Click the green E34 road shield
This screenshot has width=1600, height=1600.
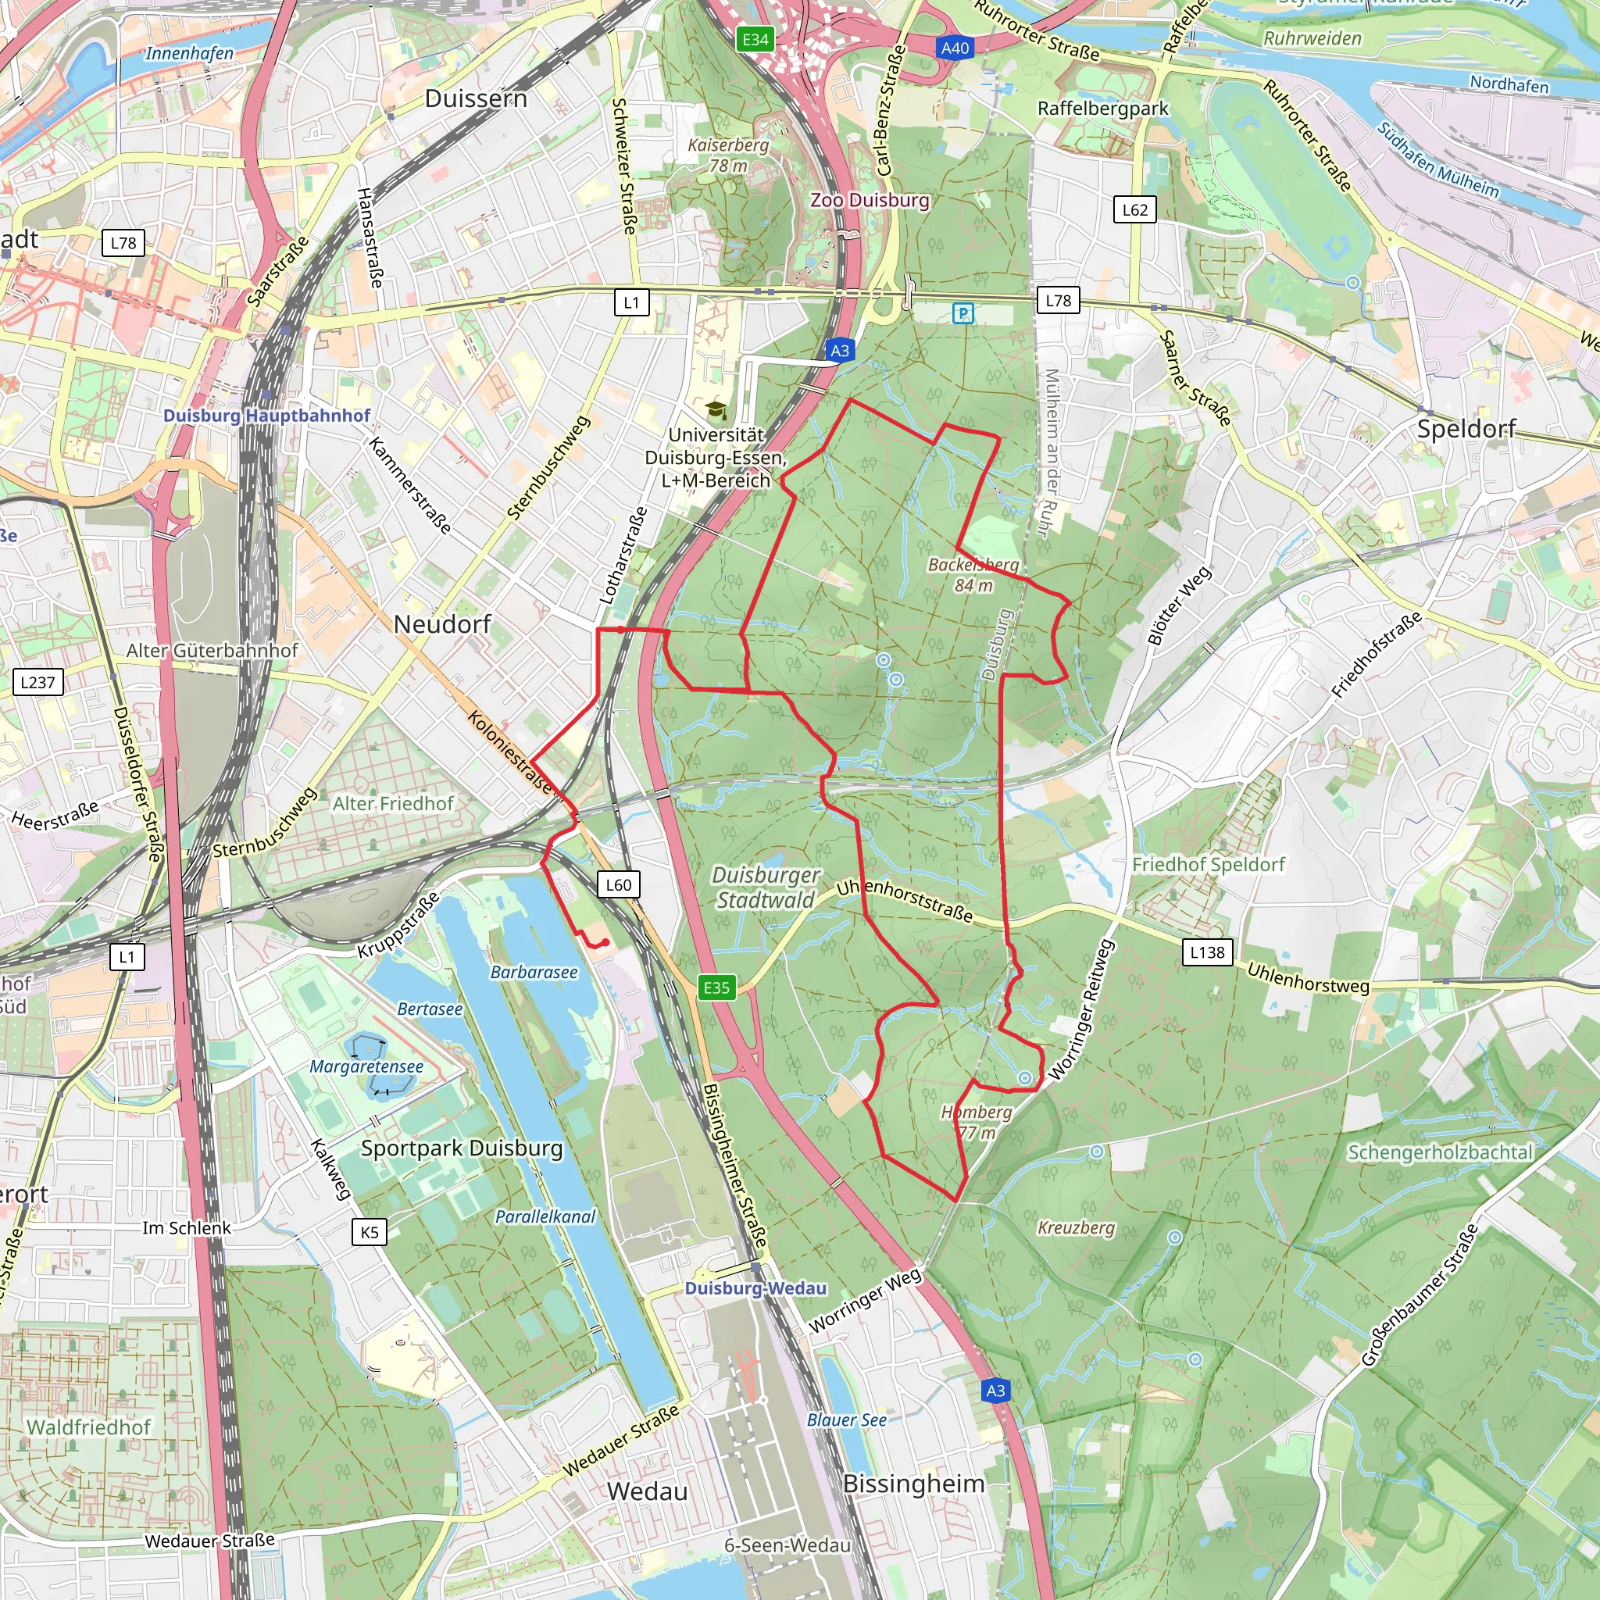[755, 39]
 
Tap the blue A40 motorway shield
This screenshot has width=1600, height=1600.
[955, 48]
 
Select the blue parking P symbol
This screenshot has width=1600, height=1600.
[962, 313]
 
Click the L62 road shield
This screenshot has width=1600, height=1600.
[1134, 209]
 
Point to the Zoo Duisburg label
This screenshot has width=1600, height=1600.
[870, 201]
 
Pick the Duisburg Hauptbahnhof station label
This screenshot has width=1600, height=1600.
[266, 415]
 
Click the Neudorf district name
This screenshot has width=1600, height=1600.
[442, 623]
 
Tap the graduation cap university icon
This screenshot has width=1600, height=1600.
[716, 410]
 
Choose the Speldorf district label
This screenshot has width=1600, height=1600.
[1466, 428]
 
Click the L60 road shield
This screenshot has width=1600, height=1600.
[618, 884]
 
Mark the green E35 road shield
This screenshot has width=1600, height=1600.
[716, 987]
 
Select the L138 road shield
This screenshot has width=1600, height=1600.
[1208, 952]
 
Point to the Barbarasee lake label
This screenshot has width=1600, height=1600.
[534, 972]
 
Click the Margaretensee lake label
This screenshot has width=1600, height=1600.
[366, 1066]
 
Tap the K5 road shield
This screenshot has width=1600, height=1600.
[370, 1231]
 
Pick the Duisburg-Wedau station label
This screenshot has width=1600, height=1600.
[755, 1287]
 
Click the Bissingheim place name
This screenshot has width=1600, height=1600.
[913, 1484]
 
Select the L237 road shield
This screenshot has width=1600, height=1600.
[38, 682]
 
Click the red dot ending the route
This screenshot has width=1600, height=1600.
[606, 942]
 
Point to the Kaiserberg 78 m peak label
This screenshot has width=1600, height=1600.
[728, 155]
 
